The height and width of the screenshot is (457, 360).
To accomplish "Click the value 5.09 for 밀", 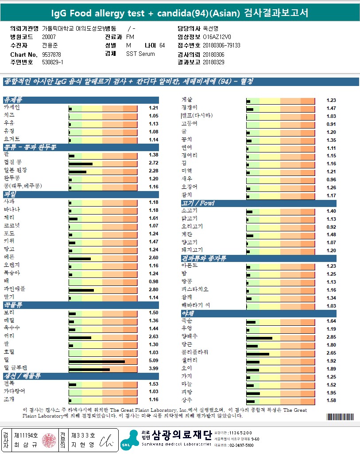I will pyautogui.click(x=153, y=360).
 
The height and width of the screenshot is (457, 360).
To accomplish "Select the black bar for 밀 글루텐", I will pyautogui.click(x=89, y=368).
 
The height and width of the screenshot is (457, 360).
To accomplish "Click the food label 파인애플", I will pyautogui.click(x=15, y=289).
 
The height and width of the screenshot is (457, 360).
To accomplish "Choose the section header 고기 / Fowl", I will pyautogui.click(x=198, y=203).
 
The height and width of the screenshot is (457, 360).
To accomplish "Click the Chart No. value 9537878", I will pyautogui.click(x=51, y=54).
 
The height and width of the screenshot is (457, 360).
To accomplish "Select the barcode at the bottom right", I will pyautogui.click(x=341, y=417).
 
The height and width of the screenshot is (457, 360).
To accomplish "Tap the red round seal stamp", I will pyautogui.click(x=47, y=440).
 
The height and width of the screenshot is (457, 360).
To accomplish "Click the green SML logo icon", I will pyautogui.click(x=128, y=441).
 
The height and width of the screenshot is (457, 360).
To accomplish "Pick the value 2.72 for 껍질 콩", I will pyautogui.click(x=153, y=163).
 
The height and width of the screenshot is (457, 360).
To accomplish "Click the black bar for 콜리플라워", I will pyautogui.click(x=258, y=353).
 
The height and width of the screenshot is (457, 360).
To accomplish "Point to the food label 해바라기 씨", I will pyautogui.click(x=196, y=305).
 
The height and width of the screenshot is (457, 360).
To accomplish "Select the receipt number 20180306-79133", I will pyautogui.click(x=221, y=45).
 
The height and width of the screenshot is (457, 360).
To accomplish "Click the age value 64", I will pyautogui.click(x=162, y=45).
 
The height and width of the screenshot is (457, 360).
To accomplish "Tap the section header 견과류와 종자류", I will pyautogui.click(x=204, y=258).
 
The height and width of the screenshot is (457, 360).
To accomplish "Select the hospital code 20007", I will pyautogui.click(x=49, y=37).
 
